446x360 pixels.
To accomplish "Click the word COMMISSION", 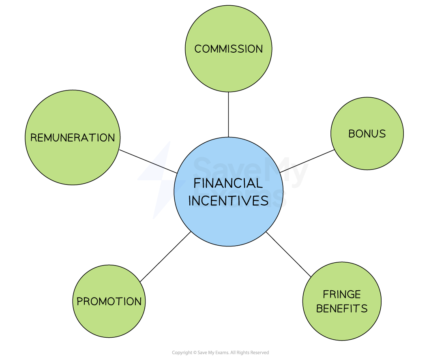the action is [228, 49].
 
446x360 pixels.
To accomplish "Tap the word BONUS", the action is [367, 134].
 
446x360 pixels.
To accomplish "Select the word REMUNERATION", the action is [73, 137].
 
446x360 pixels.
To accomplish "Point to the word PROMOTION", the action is [109, 302].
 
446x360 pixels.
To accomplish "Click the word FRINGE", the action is [342, 294].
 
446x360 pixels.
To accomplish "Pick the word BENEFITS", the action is [342, 309].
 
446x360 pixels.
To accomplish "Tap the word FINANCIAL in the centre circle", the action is [228, 183].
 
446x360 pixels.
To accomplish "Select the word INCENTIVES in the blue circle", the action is [228, 201].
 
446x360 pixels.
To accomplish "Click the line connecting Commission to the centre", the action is [228, 115].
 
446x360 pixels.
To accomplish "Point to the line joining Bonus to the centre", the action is [307, 161].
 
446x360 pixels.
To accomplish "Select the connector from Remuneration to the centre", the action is [148, 161].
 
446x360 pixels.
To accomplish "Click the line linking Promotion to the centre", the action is [165, 257].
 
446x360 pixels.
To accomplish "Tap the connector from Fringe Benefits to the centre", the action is [288, 255].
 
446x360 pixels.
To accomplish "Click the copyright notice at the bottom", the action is [221, 353].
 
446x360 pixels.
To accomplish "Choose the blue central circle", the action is [228, 192].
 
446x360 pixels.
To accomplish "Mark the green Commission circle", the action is [228, 49].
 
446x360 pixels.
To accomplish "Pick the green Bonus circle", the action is [367, 134].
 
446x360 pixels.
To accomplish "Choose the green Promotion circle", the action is [109, 302].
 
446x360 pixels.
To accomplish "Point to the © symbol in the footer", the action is [195, 353].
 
